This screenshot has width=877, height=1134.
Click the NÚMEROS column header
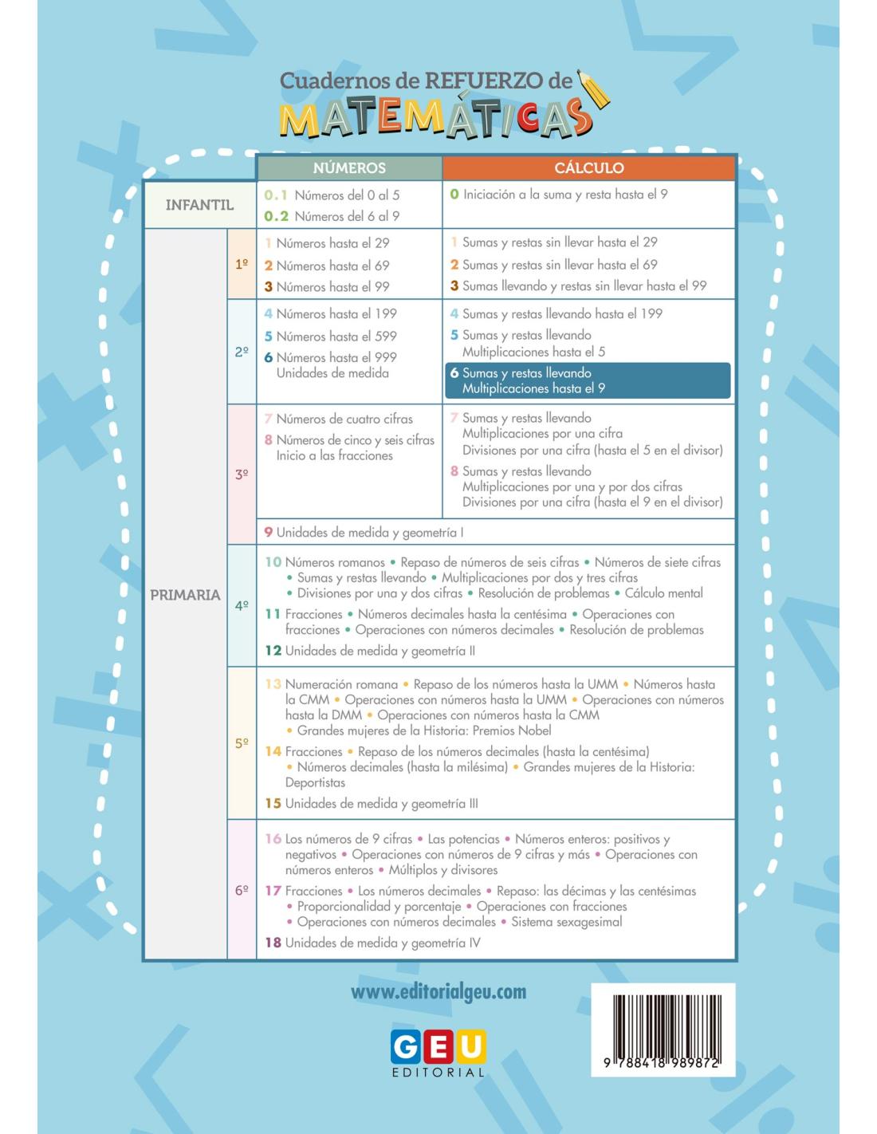(x=349, y=168)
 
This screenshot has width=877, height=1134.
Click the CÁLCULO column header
(x=588, y=168)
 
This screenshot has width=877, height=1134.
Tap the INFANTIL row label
(x=199, y=205)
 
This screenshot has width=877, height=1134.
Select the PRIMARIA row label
(x=185, y=595)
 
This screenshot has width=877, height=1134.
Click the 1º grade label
(x=242, y=265)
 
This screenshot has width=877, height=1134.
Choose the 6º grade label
(x=242, y=890)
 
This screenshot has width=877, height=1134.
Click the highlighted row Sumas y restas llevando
(x=588, y=380)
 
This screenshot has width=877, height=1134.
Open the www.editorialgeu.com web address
(x=438, y=992)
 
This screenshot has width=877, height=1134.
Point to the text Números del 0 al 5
(x=347, y=195)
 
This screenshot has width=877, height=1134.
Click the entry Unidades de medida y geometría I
(x=371, y=533)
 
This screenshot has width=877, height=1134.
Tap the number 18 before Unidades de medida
(x=273, y=943)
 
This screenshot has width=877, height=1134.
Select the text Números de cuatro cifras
(x=344, y=419)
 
